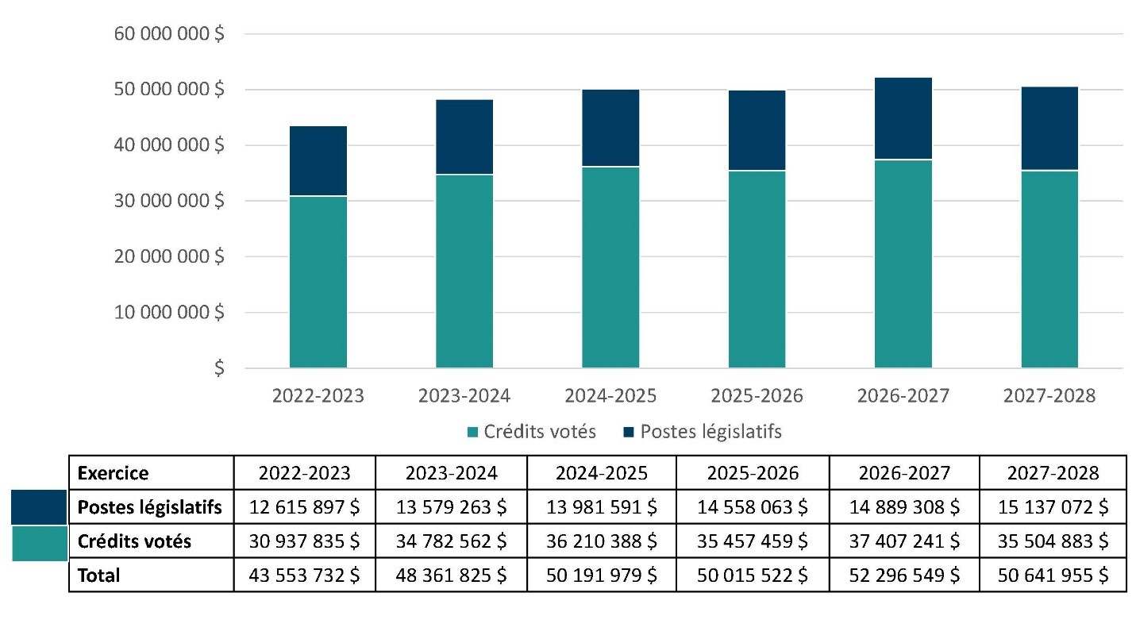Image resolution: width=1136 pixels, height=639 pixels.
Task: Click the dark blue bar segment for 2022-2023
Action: (x=318, y=161)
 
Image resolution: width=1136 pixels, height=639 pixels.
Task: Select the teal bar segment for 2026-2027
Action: (x=903, y=264)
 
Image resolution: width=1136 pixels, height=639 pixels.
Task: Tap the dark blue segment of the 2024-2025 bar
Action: (x=610, y=128)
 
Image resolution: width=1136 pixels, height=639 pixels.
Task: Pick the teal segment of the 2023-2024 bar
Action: (x=464, y=271)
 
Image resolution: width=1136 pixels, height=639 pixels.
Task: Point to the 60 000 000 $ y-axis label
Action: (x=169, y=34)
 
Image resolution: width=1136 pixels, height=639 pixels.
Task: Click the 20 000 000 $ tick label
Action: (x=169, y=256)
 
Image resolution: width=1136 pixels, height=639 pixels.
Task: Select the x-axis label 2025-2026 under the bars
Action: (x=757, y=395)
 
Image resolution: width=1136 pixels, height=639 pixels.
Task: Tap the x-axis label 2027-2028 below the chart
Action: (x=1049, y=395)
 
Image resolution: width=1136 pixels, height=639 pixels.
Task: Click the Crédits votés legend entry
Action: (x=532, y=432)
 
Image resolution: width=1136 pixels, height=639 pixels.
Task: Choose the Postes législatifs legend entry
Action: (x=703, y=432)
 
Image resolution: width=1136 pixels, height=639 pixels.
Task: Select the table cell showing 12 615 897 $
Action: (x=304, y=507)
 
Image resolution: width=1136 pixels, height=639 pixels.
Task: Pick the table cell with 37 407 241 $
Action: (x=904, y=541)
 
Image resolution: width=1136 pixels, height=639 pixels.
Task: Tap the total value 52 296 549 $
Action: (x=904, y=575)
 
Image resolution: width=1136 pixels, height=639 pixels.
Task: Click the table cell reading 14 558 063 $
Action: (x=753, y=507)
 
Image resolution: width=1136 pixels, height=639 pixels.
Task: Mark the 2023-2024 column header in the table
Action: (x=452, y=473)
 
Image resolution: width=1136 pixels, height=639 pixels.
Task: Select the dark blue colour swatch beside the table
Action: (x=39, y=507)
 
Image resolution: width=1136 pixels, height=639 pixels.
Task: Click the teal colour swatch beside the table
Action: (x=40, y=543)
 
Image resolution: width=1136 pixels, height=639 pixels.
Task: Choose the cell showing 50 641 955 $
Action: (x=1053, y=575)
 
